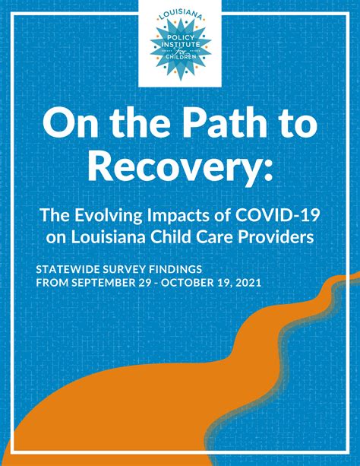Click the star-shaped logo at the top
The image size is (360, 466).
pos(179,45)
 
